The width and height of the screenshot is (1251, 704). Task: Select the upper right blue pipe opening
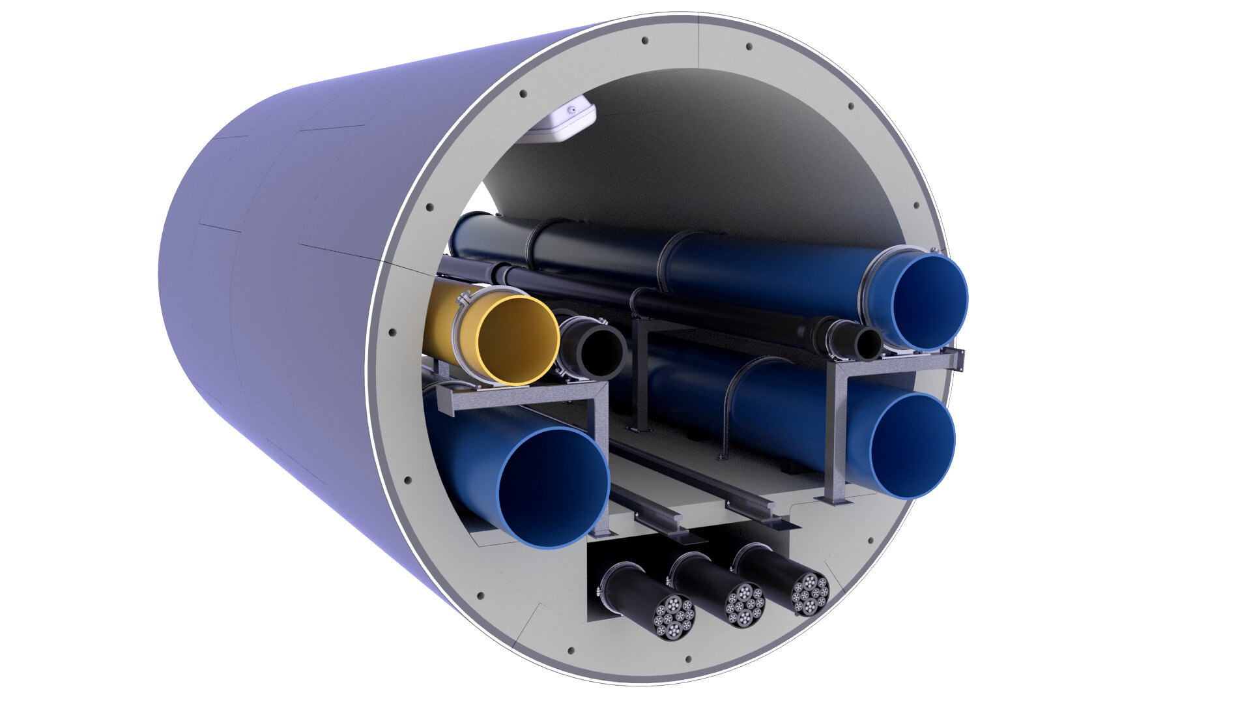tap(930, 302)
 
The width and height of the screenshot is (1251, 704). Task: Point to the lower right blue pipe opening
tap(912, 446)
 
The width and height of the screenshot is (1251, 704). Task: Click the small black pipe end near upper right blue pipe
tap(867, 343)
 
